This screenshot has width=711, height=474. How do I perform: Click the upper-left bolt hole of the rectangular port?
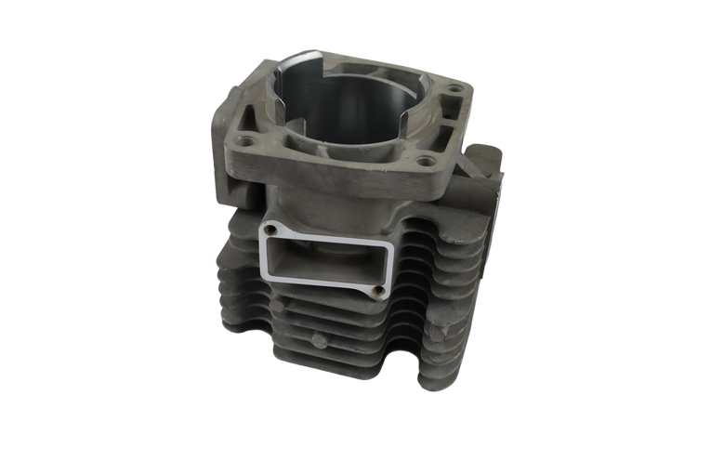point(271,225)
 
